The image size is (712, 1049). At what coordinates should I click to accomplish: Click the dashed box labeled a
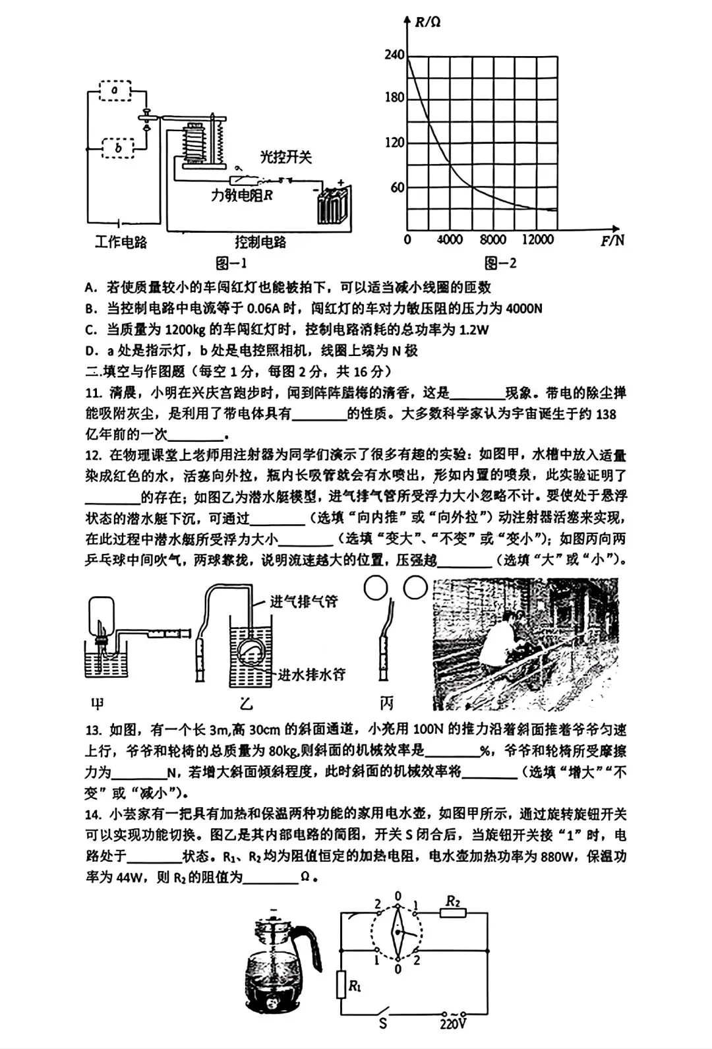(115, 90)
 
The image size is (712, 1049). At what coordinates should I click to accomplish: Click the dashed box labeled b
(118, 148)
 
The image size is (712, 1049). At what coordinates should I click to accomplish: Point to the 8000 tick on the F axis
(492, 239)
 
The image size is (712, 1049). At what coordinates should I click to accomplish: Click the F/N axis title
(612, 240)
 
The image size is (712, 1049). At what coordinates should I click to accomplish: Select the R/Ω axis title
(428, 22)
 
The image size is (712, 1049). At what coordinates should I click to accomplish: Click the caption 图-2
(500, 263)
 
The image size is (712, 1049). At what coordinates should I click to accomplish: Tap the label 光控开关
(285, 157)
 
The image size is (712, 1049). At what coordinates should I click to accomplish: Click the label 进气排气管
(304, 601)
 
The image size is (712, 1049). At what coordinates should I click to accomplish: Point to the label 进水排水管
(311, 674)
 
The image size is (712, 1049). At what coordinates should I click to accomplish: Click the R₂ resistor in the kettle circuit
(453, 913)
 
